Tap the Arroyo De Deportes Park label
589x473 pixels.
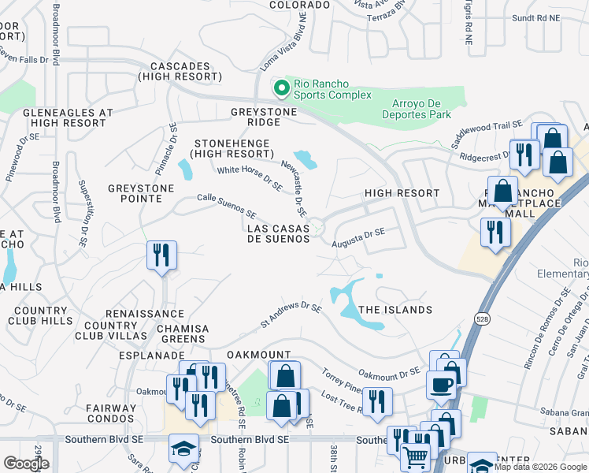(422, 108)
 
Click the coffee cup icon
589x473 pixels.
(441, 385)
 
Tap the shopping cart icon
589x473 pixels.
(415, 455)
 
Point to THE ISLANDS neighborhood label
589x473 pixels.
(395, 310)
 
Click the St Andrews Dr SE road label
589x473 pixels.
(291, 315)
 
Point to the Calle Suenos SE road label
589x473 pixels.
(227, 207)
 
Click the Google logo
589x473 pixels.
(26, 464)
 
